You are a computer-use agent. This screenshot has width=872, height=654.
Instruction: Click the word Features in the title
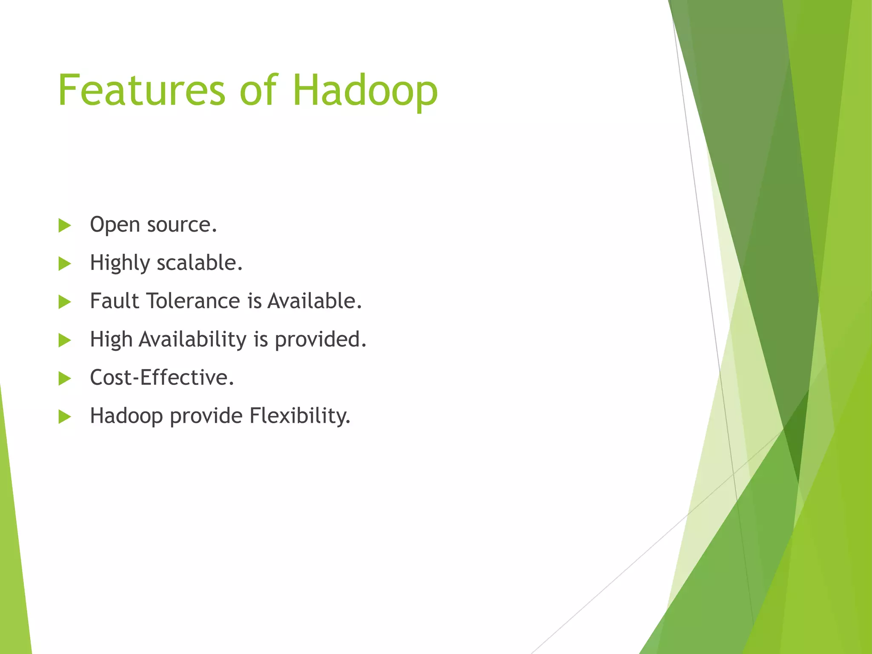tap(141, 90)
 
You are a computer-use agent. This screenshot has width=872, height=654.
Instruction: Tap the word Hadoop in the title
tap(365, 90)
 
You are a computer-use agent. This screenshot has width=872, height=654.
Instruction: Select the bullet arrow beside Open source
tap(64, 225)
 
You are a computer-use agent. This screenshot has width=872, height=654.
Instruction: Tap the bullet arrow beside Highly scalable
tap(64, 264)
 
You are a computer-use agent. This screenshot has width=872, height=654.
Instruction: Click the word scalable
tap(199, 263)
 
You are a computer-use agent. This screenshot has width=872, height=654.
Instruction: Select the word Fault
tap(115, 301)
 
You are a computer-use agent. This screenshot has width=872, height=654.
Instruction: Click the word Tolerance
tap(194, 301)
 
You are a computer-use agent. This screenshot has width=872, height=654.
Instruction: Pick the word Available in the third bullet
tap(314, 301)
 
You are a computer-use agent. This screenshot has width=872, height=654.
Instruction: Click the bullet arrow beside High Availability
tap(64, 340)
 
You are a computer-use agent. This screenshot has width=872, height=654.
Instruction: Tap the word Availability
tap(192, 340)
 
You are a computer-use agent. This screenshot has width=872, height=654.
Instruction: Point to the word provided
tap(320, 340)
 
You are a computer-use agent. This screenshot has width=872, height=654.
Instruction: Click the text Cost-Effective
tap(162, 378)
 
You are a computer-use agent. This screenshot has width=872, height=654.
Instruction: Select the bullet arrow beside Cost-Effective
tap(64, 378)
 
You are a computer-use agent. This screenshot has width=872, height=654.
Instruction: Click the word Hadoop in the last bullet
tap(126, 416)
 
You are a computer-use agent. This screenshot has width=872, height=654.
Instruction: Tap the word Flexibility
tap(300, 416)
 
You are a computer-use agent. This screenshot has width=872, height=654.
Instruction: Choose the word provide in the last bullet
tap(206, 416)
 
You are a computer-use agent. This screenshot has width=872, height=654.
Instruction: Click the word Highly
tap(120, 263)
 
